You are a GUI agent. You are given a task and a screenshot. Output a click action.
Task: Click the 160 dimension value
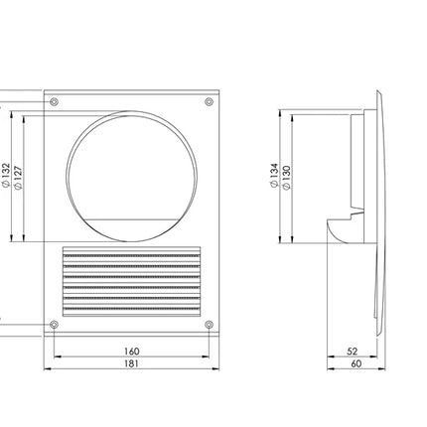tap(132, 351)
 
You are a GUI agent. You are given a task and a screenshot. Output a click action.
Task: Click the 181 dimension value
tap(132, 363)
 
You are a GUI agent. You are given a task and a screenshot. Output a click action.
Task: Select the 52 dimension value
tap(353, 352)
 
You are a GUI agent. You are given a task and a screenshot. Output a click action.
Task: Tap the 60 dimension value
tap(356, 363)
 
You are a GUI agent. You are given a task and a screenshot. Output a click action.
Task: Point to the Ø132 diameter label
tap(6, 176)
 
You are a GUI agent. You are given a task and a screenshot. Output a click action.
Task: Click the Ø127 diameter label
tap(19, 178)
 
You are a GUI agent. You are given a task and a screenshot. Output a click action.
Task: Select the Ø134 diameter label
tap(274, 176)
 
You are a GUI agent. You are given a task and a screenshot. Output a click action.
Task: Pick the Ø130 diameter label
tap(287, 178)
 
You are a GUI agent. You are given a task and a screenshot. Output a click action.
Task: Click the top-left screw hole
tap(54, 101)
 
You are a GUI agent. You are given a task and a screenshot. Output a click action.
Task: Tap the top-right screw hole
tap(209, 101)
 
